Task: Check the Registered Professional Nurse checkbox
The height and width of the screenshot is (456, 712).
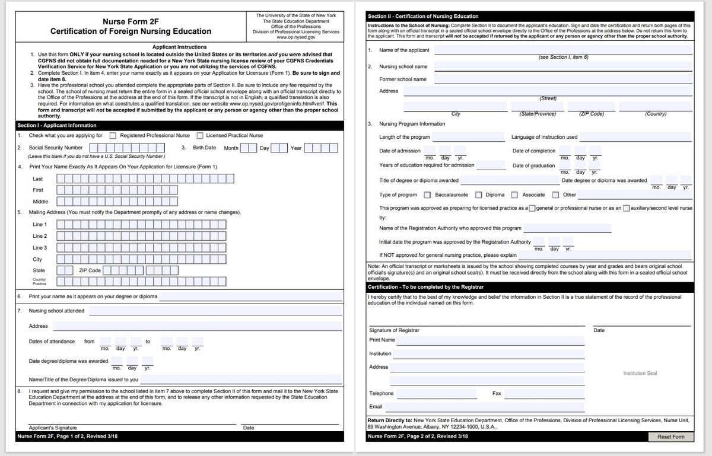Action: click(x=113, y=136)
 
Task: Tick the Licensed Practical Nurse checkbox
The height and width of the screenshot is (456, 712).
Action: click(x=200, y=136)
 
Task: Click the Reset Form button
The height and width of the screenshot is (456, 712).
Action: click(x=671, y=437)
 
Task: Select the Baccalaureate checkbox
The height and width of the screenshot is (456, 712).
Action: click(x=427, y=195)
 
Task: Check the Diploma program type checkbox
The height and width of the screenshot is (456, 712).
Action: click(x=478, y=195)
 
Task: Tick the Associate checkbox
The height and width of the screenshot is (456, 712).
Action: click(x=514, y=195)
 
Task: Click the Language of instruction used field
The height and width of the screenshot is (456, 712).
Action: click(x=635, y=137)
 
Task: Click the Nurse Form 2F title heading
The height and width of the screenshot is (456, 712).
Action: click(x=131, y=21)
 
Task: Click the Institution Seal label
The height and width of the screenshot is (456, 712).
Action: click(x=640, y=373)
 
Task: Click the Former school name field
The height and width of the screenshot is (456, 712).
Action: click(x=562, y=79)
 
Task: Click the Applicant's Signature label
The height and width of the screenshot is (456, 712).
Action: click(x=53, y=428)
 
